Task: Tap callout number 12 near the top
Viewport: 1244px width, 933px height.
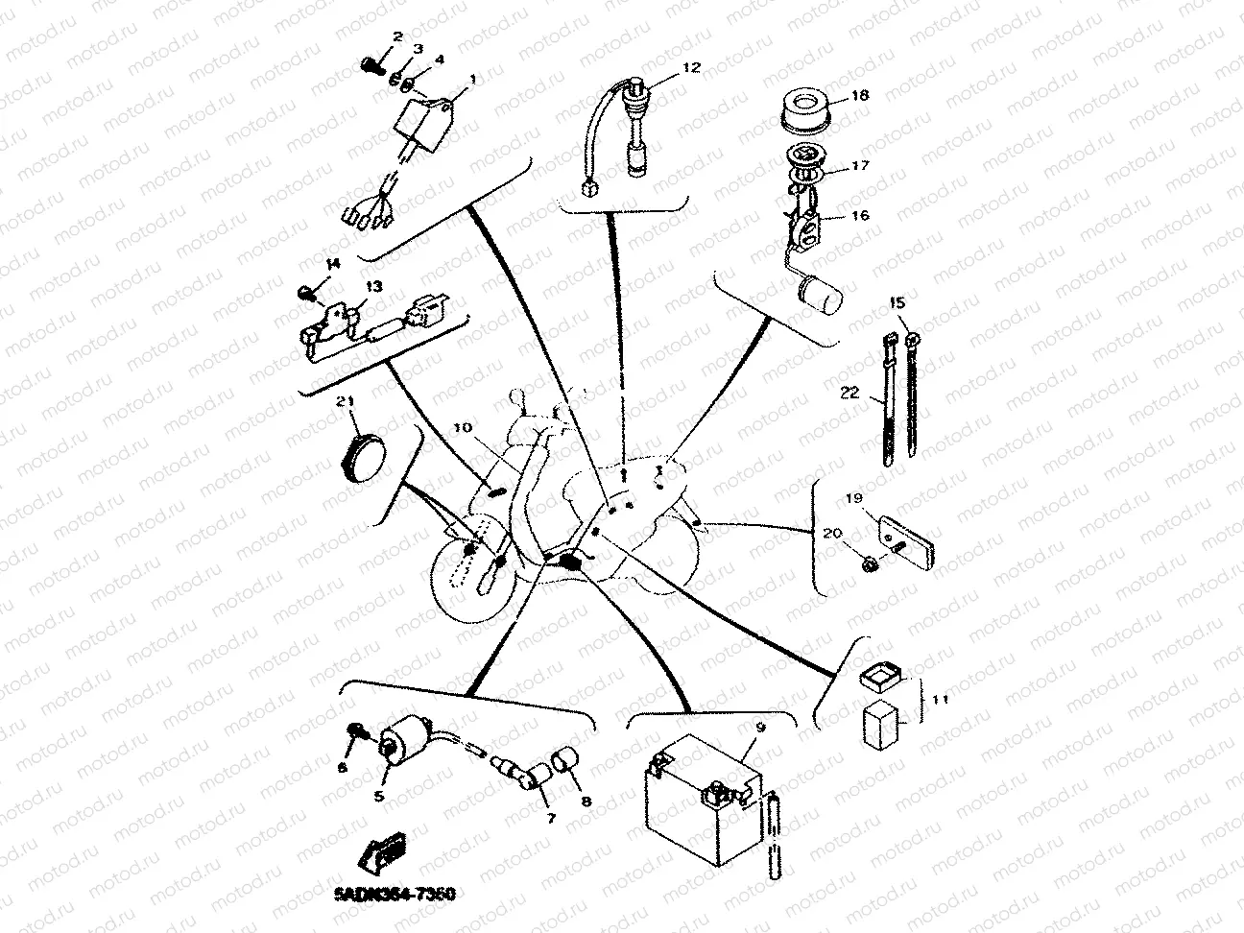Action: click(x=692, y=68)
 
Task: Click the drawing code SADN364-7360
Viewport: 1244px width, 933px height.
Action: click(x=393, y=894)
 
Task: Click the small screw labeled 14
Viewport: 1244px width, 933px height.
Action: click(x=307, y=291)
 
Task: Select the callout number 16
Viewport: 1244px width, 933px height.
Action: click(x=859, y=216)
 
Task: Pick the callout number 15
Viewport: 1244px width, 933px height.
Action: click(x=897, y=303)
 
